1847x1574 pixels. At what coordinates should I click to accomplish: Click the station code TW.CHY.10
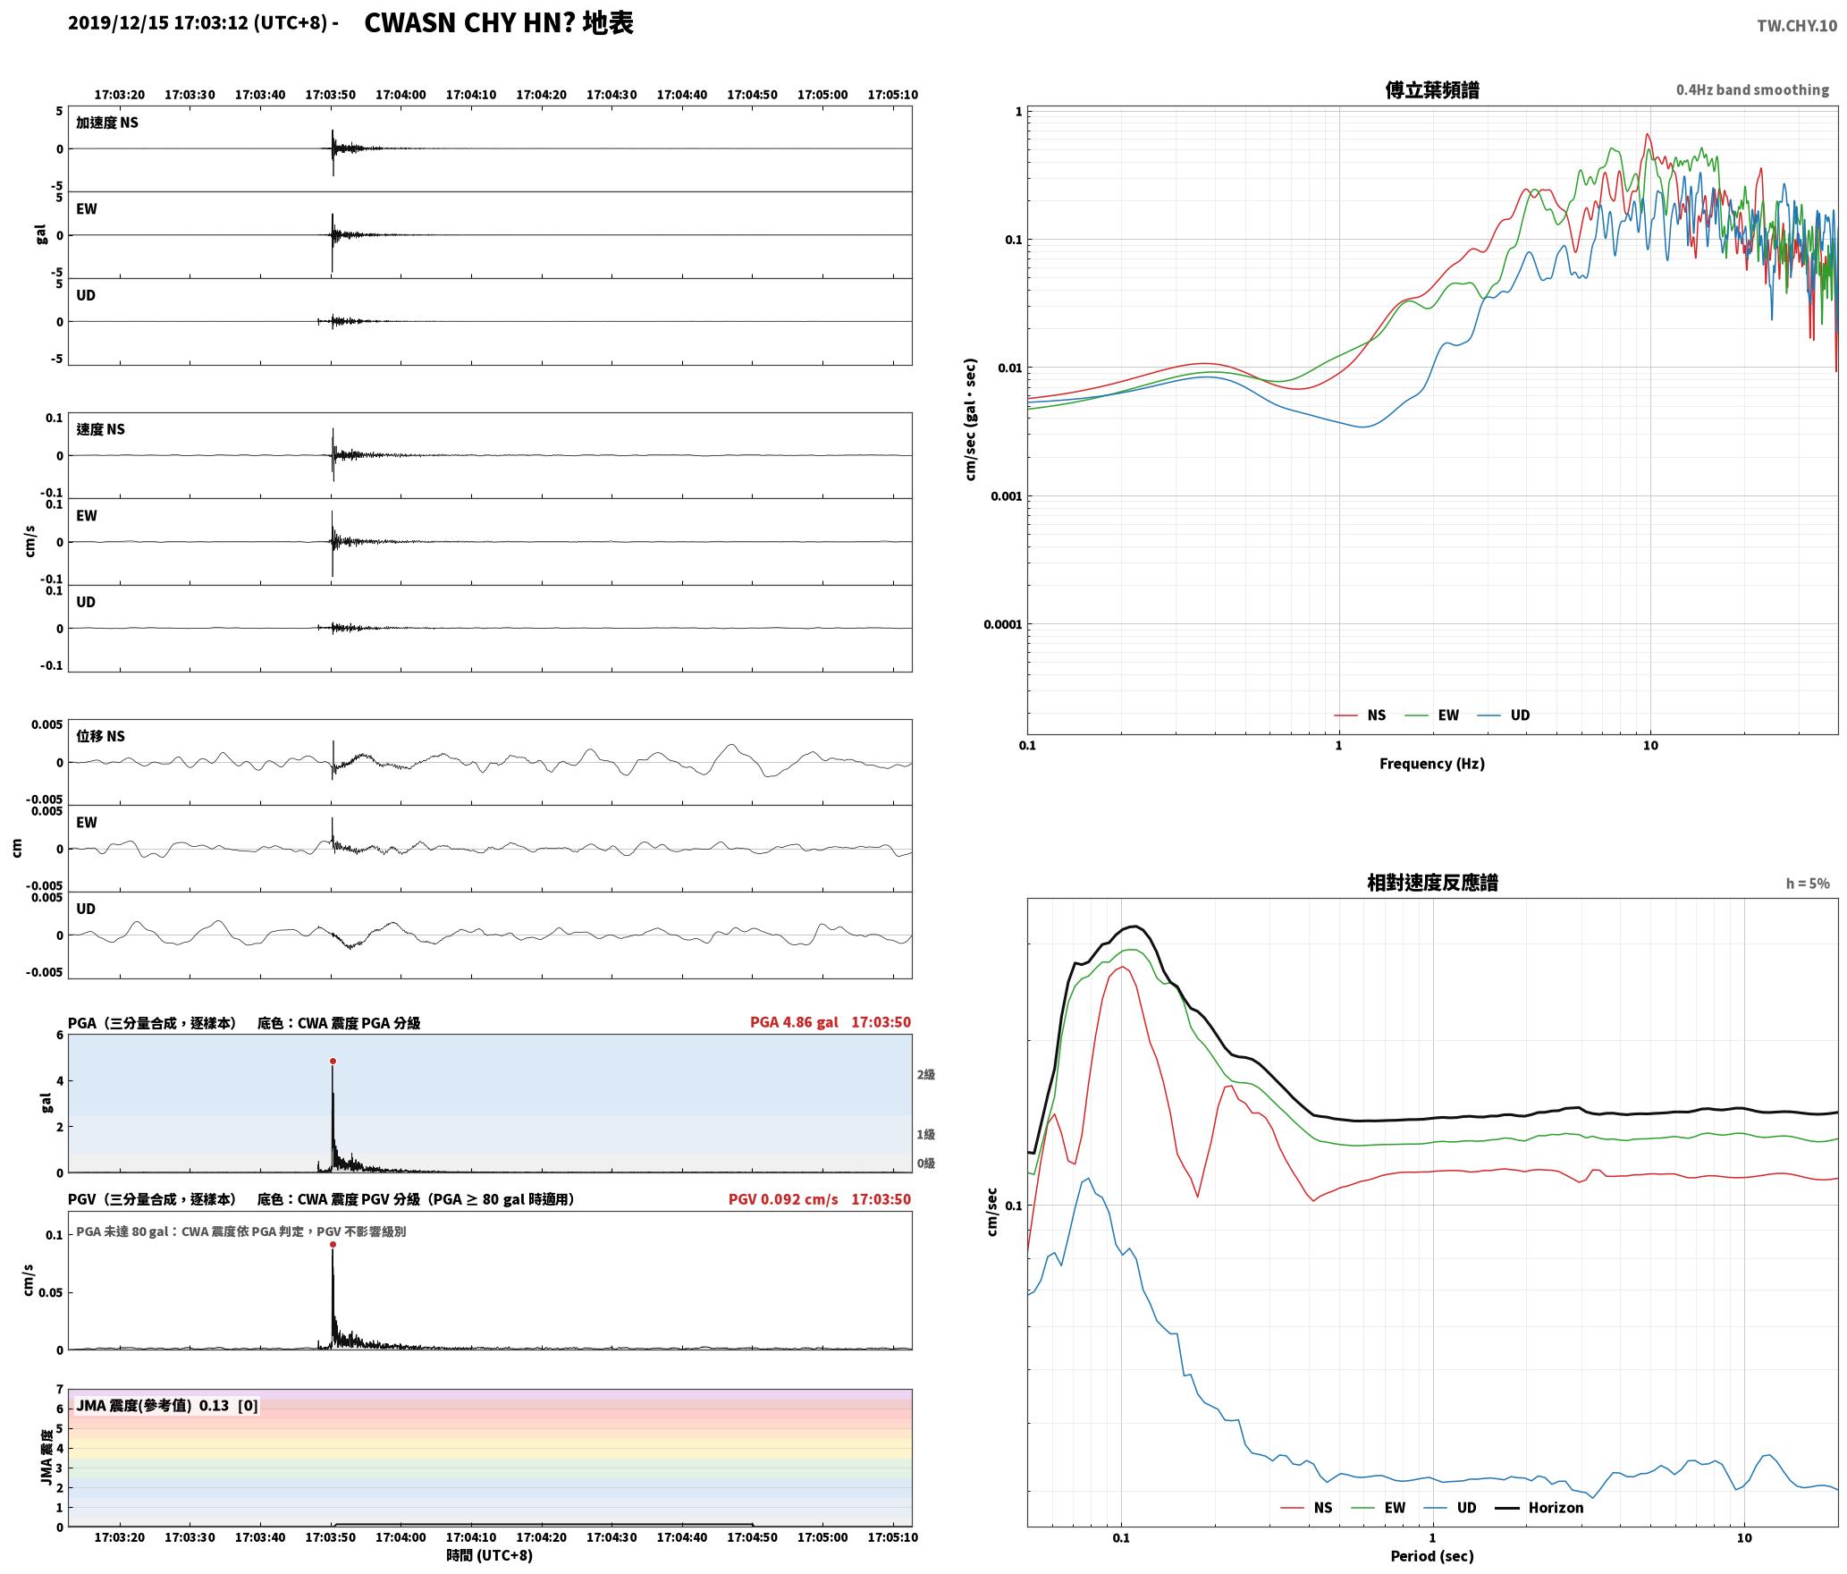coord(1797,26)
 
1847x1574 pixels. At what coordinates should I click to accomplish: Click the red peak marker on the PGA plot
coord(333,1062)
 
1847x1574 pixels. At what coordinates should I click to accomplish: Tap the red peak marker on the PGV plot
coord(333,1244)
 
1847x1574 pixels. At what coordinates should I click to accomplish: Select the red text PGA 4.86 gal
coord(794,1022)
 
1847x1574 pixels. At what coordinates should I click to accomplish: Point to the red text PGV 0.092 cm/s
coord(783,1199)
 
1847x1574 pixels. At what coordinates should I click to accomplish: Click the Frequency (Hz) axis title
coord(1431,764)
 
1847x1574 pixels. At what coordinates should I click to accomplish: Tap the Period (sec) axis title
coord(1431,1556)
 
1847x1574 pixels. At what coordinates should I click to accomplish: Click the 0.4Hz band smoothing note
coord(1752,90)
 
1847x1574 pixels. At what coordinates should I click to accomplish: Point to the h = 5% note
coord(1808,884)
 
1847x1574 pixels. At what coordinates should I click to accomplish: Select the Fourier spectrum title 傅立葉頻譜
coord(1431,89)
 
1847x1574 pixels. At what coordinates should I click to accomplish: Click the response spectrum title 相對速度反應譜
coord(1432,883)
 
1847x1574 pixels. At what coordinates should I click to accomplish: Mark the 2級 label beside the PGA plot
coord(925,1075)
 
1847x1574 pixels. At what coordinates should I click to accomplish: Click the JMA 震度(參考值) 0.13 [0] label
coord(167,1406)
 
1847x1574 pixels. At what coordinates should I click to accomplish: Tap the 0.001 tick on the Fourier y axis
coord(1006,496)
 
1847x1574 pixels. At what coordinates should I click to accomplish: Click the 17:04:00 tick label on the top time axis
coord(401,95)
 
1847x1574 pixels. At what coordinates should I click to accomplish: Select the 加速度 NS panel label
coord(107,123)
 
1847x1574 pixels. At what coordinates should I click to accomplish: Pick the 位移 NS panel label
coord(100,736)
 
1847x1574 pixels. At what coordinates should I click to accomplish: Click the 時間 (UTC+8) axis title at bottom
coord(490,1555)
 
